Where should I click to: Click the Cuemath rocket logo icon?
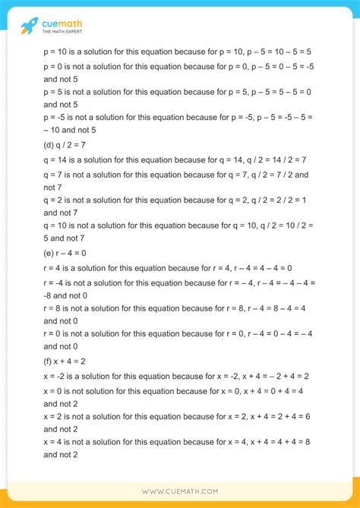pos(30,26)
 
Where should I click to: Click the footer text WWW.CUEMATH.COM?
pos(180,491)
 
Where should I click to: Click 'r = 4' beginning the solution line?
pos(55,268)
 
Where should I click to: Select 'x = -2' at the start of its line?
pos(56,377)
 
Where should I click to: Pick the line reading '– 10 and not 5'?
pos(77,131)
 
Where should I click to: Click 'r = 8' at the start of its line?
pos(55,309)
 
